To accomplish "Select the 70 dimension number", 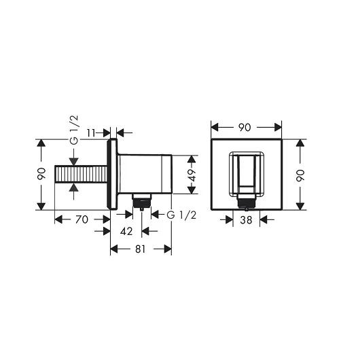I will click(82, 219).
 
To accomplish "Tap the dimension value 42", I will click(126, 231).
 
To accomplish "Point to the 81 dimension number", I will click(141, 249).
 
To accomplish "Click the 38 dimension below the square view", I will click(247, 219).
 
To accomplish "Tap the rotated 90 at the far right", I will click(300, 175).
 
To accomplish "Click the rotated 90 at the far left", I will click(42, 175).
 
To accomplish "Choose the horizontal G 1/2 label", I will click(182, 215).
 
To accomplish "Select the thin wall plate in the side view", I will click(111, 175).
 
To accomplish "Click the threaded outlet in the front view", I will click(246, 201).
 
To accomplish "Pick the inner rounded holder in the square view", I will click(247, 171).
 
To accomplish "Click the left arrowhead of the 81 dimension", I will click(113, 249).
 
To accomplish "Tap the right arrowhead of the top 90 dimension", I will click(279, 127).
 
